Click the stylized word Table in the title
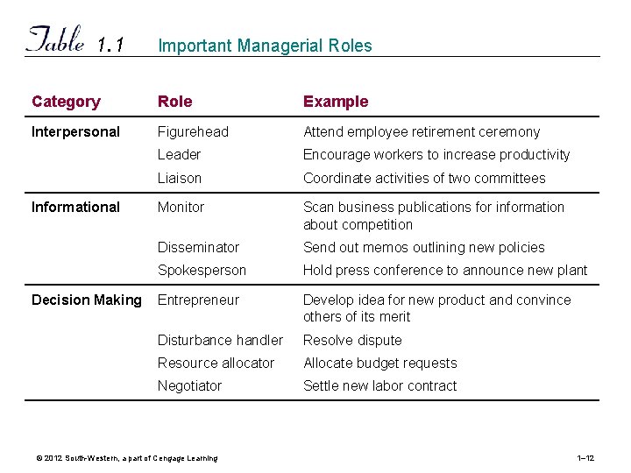[x=56, y=40]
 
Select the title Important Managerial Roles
[x=265, y=46]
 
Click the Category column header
[x=66, y=102]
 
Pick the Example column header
[x=336, y=102]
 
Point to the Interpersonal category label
[x=75, y=132]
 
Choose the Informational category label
[x=75, y=208]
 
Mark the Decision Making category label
[x=86, y=300]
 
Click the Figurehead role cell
[x=193, y=132]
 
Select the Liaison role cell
[x=180, y=178]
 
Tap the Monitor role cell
[x=181, y=208]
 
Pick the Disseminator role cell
[x=198, y=248]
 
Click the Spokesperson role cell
[x=202, y=271]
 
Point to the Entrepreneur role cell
[x=198, y=300]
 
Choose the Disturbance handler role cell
[x=220, y=341]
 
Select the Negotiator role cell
[x=189, y=386]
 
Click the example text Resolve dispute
[x=352, y=341]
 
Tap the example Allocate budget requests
[x=379, y=364]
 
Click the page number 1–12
[x=586, y=458]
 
